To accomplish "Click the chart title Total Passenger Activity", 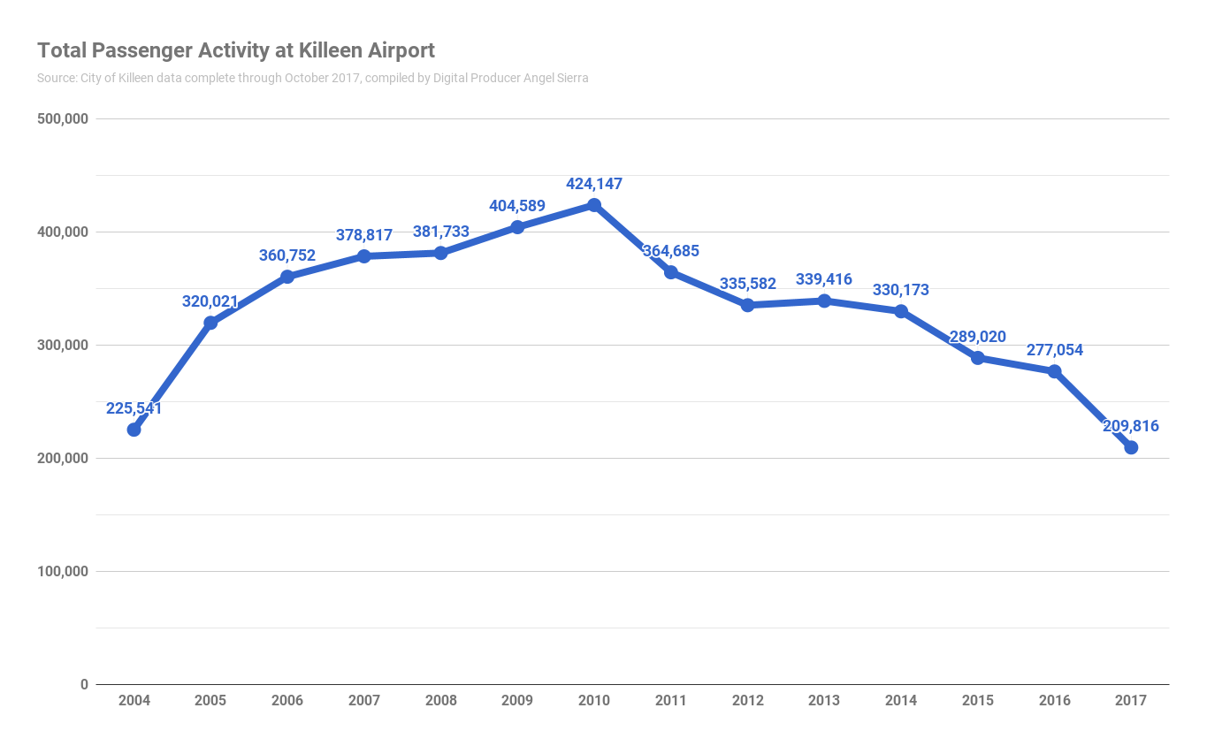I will (235, 50).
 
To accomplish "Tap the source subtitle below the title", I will (312, 78).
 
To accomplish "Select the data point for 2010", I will (594, 205).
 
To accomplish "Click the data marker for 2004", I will (134, 430).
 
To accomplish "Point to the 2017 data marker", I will (1131, 447).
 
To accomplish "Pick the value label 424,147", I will (594, 184).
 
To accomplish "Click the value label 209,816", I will (1130, 426).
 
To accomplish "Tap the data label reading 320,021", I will (210, 301).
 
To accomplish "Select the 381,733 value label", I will (440, 232).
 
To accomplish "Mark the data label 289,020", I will (977, 337).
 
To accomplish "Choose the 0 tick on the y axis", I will (84, 684).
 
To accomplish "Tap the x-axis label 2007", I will (363, 701).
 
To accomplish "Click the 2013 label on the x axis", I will (824, 701).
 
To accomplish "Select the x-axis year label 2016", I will (1054, 701).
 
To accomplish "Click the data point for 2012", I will (747, 305).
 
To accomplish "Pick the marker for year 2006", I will (287, 277).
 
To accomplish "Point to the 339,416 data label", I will (824, 279).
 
